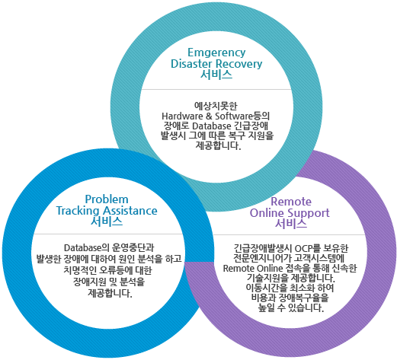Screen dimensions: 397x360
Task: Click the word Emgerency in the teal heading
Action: click(x=216, y=53)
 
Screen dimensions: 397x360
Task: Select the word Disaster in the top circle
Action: click(x=191, y=64)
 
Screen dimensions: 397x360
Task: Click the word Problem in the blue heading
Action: click(x=107, y=199)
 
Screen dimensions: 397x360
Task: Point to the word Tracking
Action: click(x=78, y=211)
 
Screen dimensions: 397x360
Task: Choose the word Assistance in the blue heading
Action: click(x=130, y=211)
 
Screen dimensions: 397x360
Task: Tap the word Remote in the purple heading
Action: click(x=291, y=202)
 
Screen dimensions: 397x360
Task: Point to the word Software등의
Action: click(x=242, y=116)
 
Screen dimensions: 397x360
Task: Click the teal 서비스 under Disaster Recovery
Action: click(x=216, y=75)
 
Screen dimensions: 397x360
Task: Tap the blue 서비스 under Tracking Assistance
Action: click(x=107, y=221)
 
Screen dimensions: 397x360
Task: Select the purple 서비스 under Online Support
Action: click(x=291, y=224)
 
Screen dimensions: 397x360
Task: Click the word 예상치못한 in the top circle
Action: click(x=216, y=106)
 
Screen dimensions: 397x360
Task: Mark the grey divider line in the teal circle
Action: click(x=216, y=89)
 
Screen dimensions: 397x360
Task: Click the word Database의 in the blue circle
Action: click(x=86, y=248)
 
